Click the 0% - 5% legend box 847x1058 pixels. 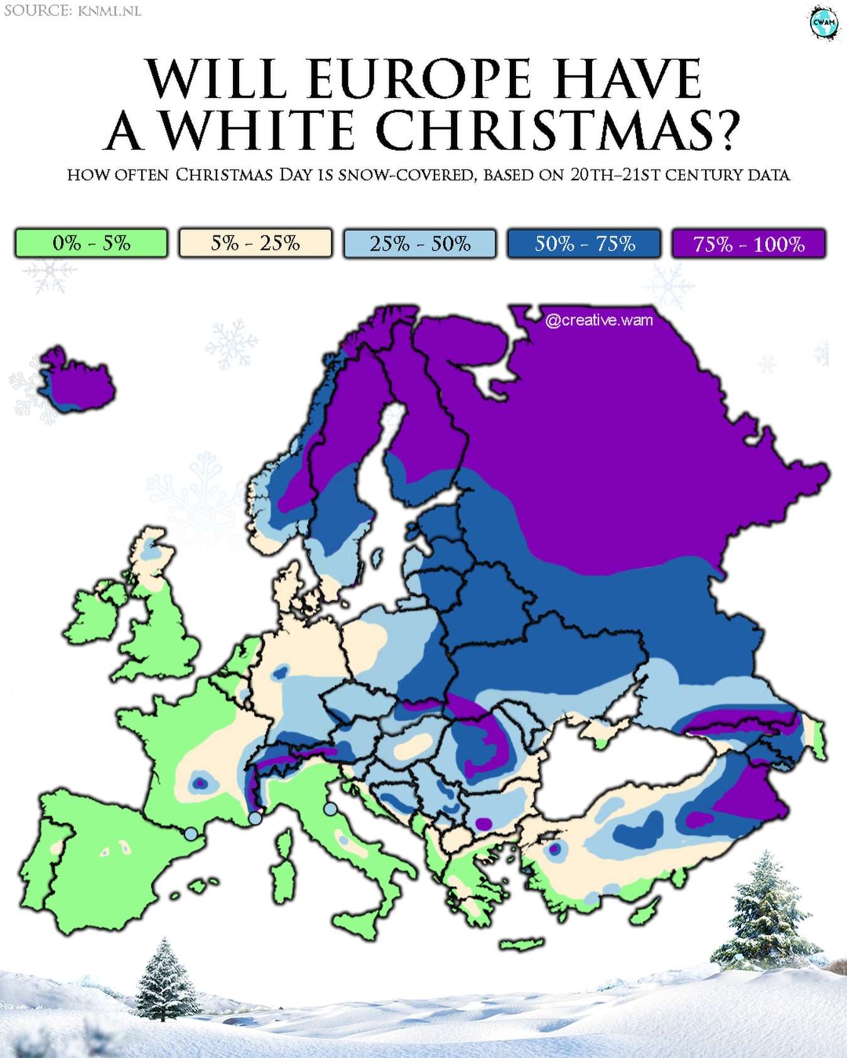tap(92, 244)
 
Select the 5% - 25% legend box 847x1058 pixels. tap(256, 244)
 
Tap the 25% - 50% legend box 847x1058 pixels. tap(420, 244)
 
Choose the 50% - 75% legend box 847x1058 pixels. tap(585, 244)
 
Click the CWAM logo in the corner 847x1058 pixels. tap(824, 23)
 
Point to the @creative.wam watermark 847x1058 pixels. tap(599, 320)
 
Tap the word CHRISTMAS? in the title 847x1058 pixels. tap(558, 130)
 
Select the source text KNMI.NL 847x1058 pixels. tap(110, 11)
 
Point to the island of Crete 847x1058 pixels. tap(521, 944)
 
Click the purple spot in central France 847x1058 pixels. tap(200, 783)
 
